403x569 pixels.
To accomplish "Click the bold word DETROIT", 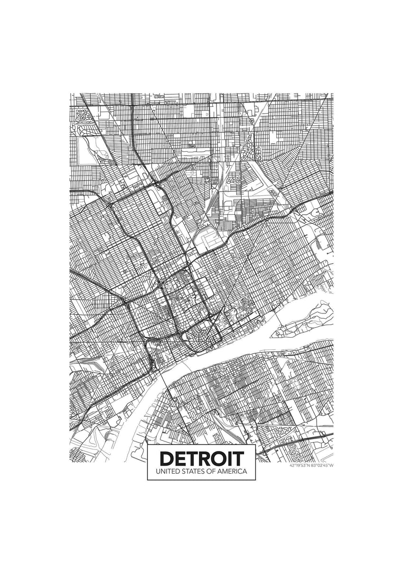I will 202,458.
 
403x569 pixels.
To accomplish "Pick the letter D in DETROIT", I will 166,458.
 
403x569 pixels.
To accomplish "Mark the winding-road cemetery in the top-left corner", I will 83,116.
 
